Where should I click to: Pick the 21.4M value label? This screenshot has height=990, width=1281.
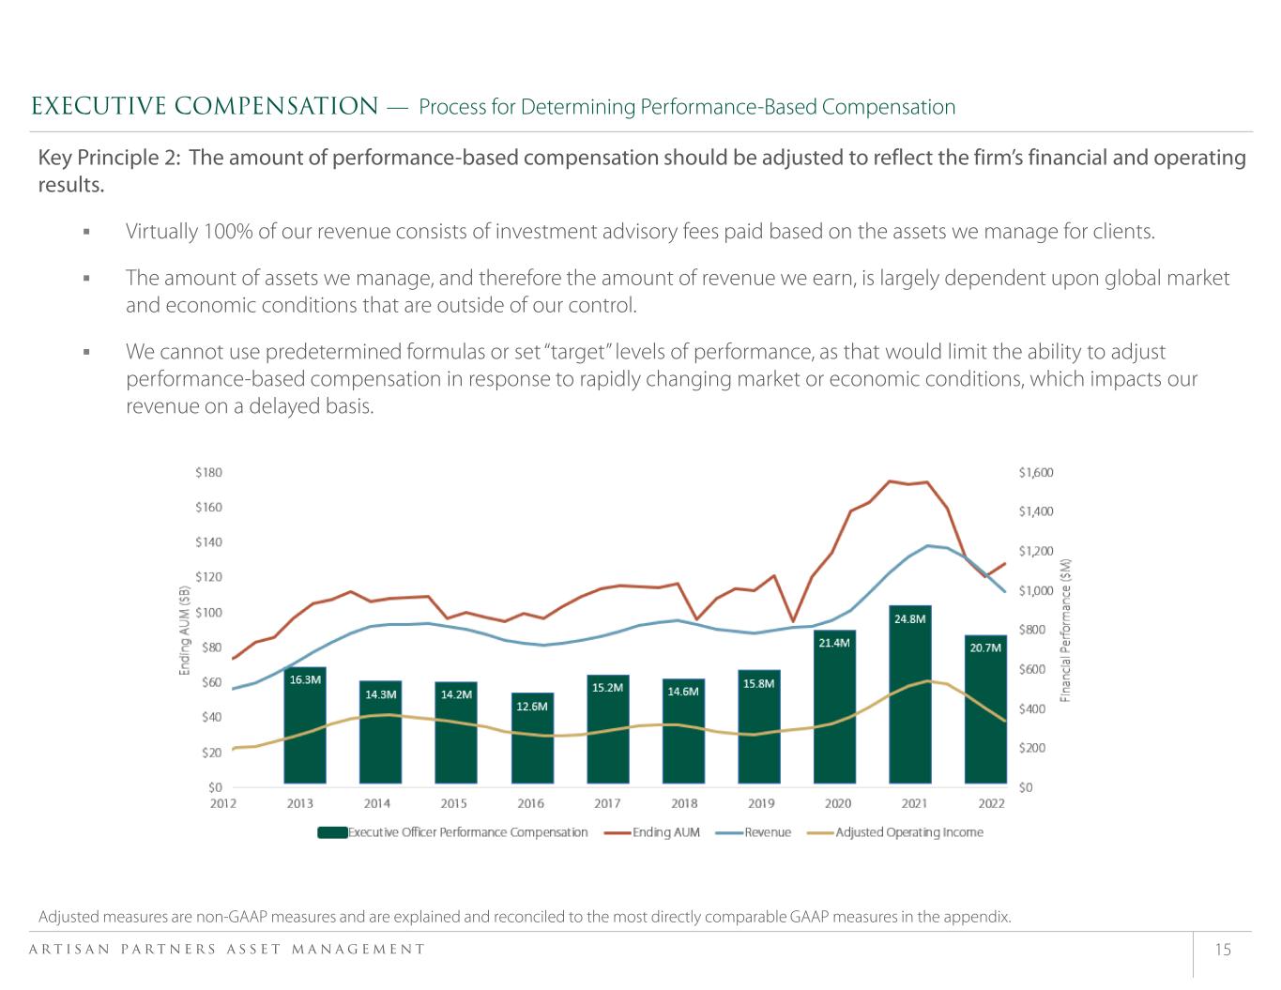[834, 643]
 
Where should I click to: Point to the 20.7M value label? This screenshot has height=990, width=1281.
[985, 647]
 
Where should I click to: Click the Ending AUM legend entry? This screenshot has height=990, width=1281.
[652, 832]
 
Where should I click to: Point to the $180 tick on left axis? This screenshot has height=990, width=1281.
[208, 472]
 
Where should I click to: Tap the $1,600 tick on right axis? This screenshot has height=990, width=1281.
[1036, 473]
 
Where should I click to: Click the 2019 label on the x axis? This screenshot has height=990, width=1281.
[761, 803]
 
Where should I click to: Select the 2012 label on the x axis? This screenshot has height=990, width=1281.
[222, 803]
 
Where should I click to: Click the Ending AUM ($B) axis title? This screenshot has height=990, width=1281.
[185, 630]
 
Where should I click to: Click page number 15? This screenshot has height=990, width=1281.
[1223, 950]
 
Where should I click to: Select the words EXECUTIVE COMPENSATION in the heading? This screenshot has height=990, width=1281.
[205, 106]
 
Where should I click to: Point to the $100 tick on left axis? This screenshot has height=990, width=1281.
[208, 612]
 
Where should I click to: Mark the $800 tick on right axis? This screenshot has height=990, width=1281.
[1032, 630]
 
